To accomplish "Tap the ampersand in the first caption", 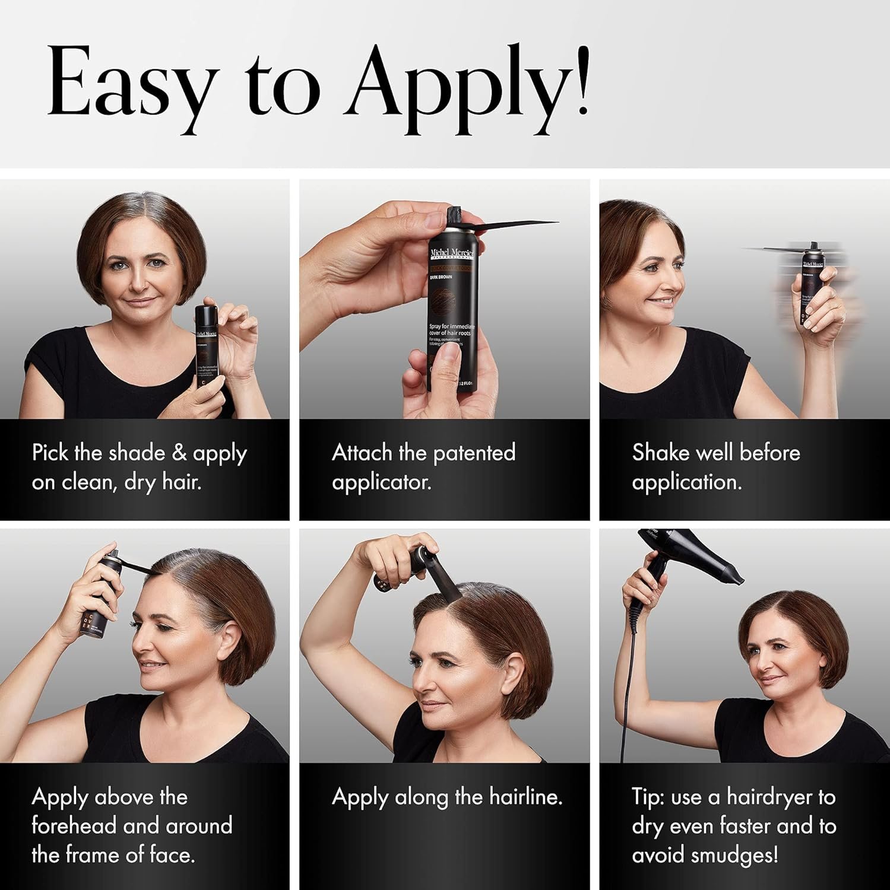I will tap(179, 453).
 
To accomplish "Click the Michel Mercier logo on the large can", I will tap(451, 254).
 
